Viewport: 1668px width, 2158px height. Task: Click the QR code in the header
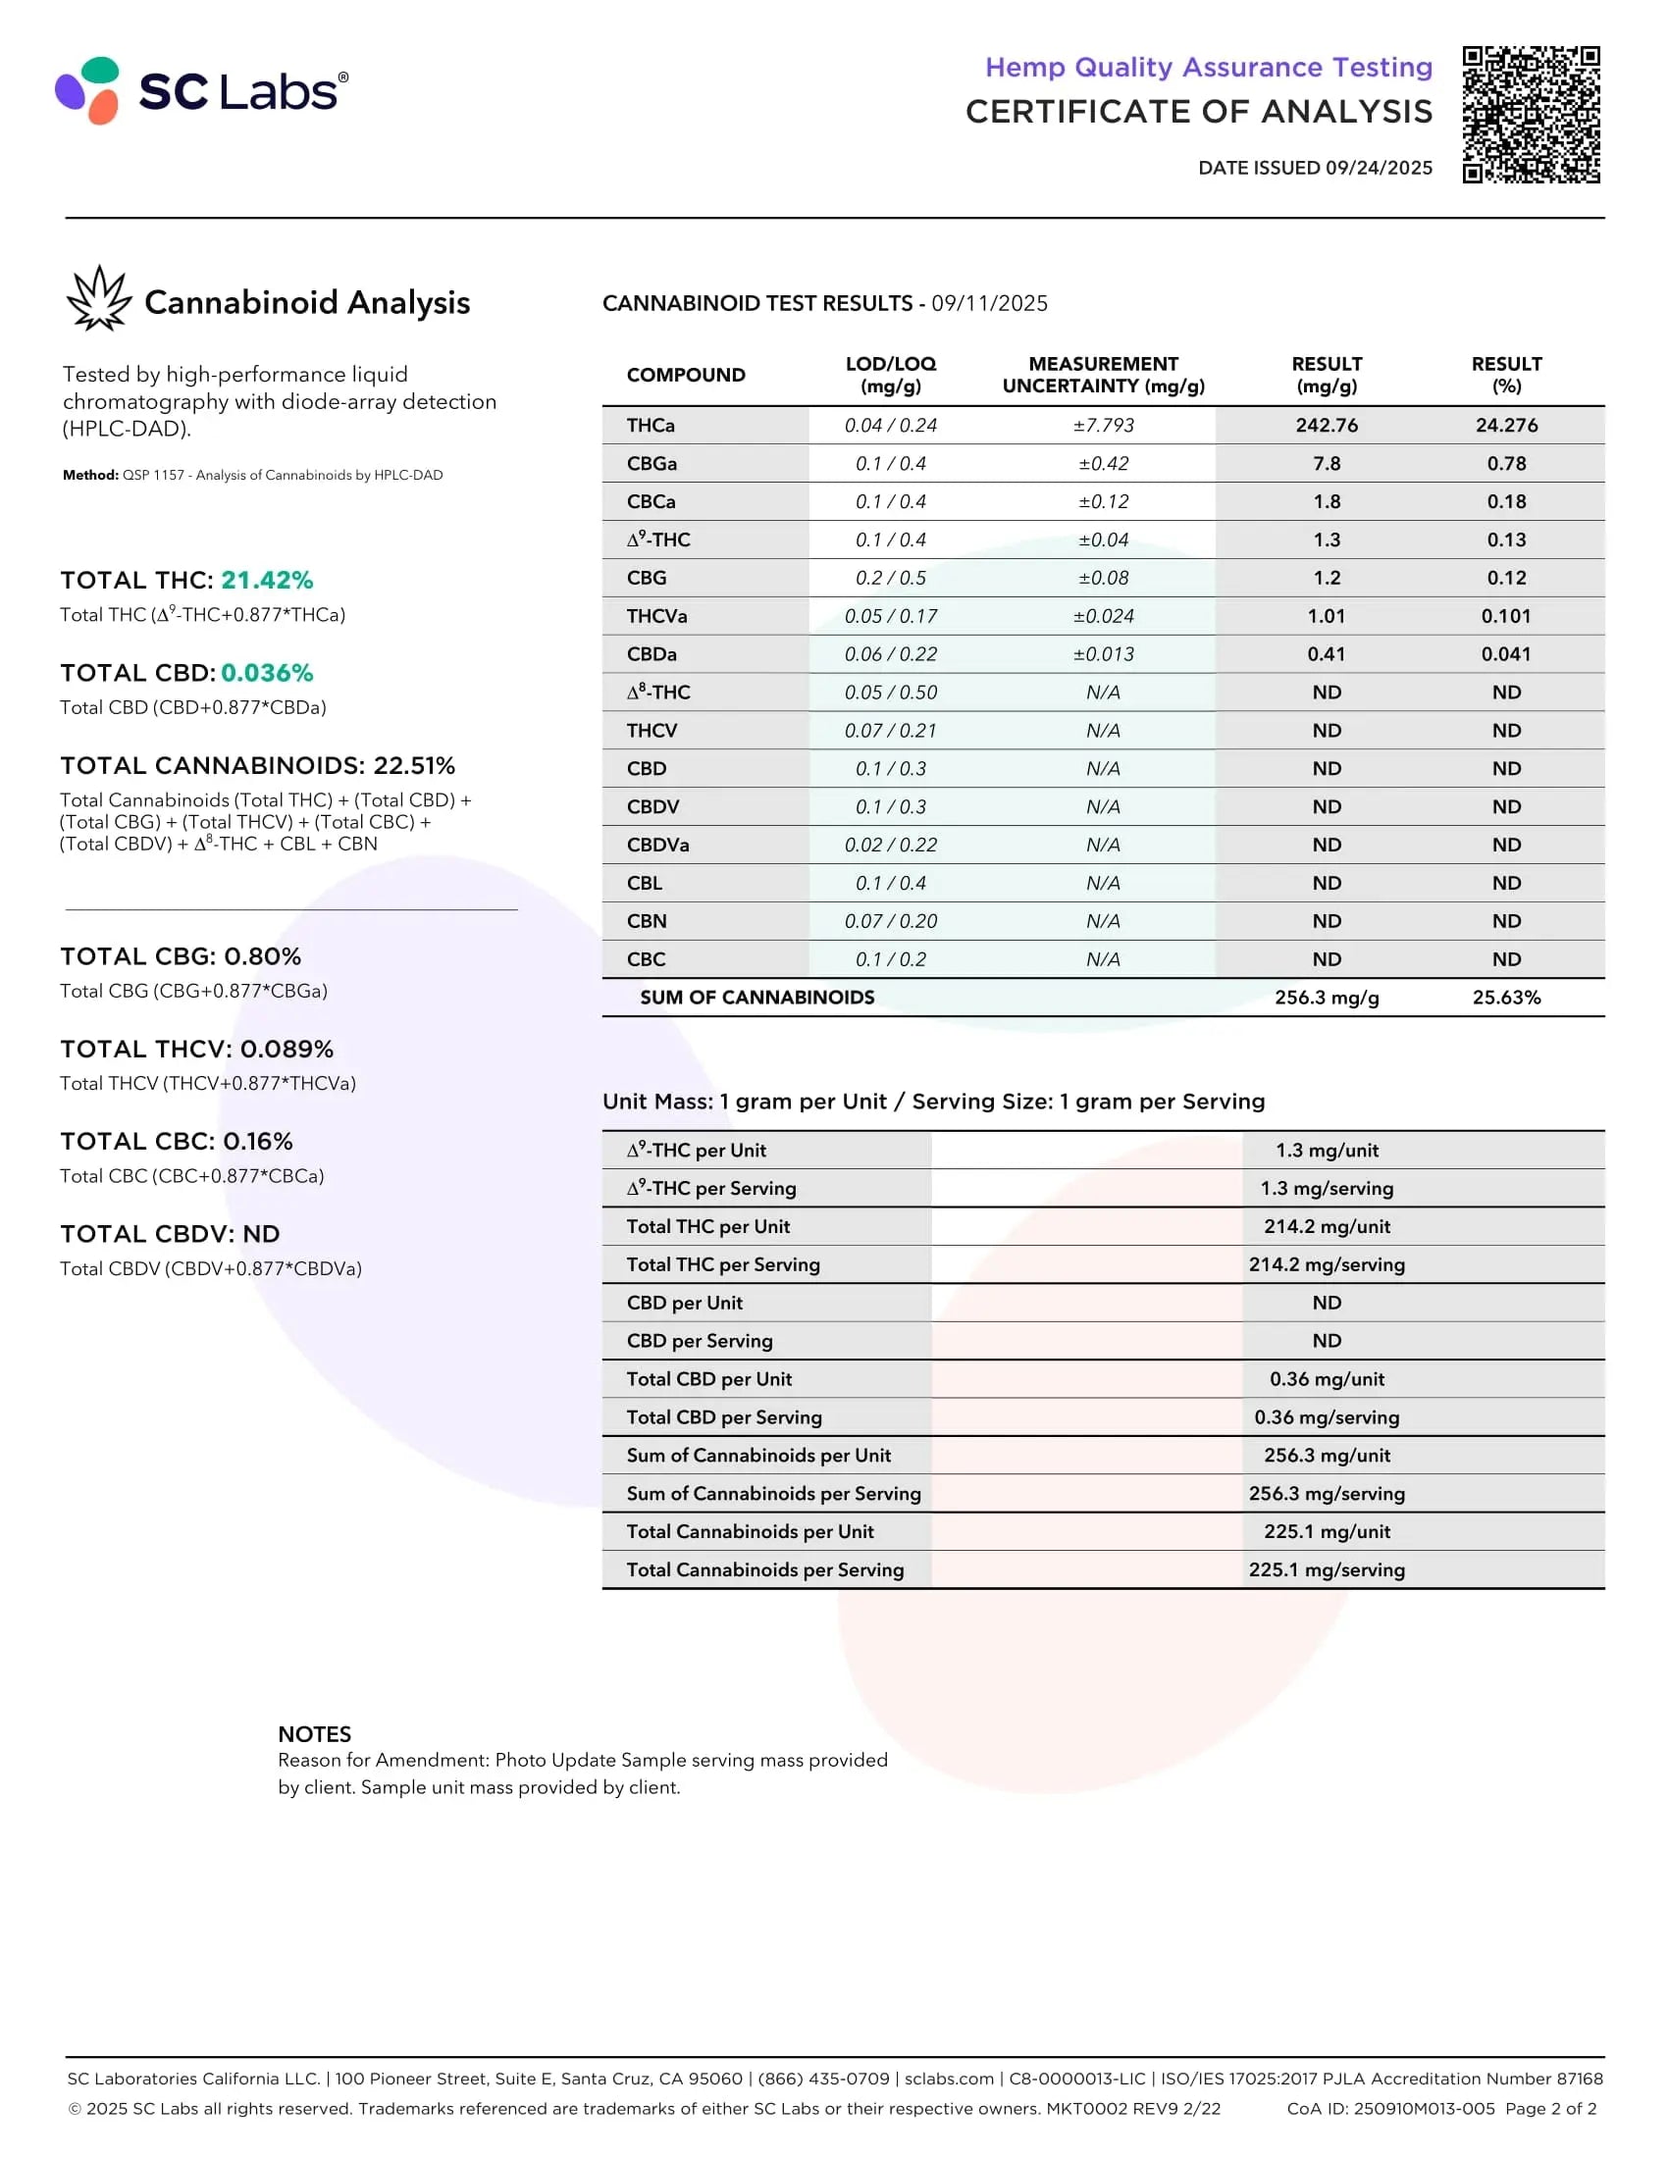click(x=1531, y=114)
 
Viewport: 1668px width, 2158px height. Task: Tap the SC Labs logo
click(x=201, y=91)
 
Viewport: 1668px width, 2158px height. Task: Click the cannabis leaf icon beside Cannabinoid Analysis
click(x=99, y=298)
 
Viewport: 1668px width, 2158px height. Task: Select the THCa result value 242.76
click(x=1327, y=426)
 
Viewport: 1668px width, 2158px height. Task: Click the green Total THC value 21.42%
click(x=267, y=580)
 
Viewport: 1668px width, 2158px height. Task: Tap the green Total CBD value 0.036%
click(x=267, y=673)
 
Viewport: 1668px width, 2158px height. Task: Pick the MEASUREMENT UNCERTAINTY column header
click(x=1103, y=376)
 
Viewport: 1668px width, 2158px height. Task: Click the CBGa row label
click(x=652, y=463)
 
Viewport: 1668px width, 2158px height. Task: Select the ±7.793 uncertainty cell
click(x=1103, y=426)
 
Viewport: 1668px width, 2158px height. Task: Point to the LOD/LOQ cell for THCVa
click(x=890, y=617)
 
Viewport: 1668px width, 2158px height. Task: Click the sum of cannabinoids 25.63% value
click(x=1506, y=998)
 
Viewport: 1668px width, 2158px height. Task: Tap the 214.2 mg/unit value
click(x=1327, y=1227)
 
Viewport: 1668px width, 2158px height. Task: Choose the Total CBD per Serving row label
click(x=723, y=1418)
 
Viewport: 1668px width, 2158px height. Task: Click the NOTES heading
click(x=314, y=1734)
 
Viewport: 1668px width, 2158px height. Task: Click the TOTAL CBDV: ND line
click(x=170, y=1234)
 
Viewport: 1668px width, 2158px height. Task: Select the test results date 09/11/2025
click(x=989, y=303)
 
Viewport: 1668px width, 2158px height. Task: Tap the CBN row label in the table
click(x=647, y=922)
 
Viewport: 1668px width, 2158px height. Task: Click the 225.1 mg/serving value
click(x=1327, y=1570)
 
